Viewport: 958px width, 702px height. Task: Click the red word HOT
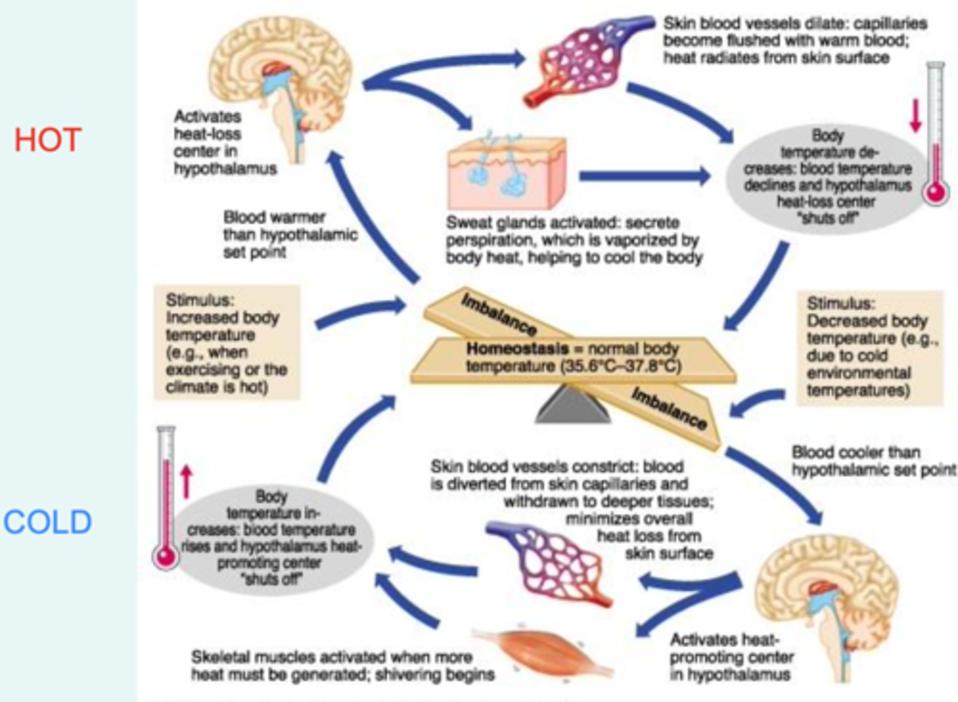(47, 140)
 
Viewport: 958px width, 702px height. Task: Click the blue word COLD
(47, 523)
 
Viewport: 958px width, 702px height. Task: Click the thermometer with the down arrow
(935, 133)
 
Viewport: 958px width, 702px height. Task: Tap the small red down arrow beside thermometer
(915, 115)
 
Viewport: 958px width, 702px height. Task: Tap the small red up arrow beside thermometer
(186, 481)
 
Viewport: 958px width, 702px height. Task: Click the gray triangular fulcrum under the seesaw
(573, 406)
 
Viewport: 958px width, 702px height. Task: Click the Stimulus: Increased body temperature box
(226, 342)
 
